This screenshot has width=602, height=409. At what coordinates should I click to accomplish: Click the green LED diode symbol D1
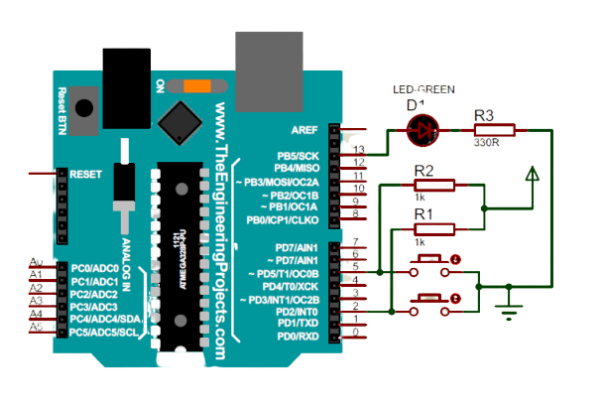423,128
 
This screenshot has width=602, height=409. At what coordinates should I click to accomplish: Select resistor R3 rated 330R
493,128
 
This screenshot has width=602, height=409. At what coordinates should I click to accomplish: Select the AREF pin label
303,130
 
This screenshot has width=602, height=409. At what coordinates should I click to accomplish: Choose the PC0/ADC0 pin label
95,269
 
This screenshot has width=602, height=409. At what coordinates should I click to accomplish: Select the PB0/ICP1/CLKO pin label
284,219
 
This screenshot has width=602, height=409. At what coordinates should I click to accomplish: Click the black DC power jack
125,71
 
